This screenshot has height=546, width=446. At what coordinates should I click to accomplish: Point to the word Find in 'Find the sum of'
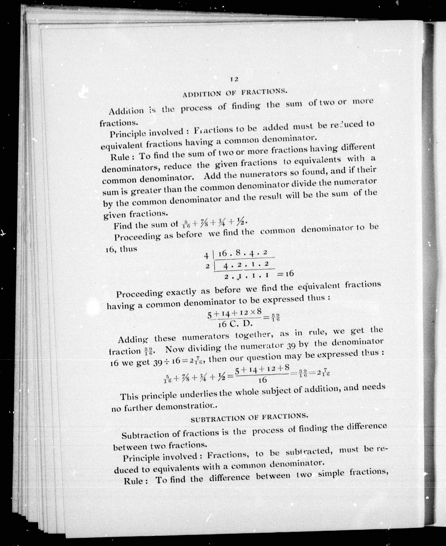(123, 226)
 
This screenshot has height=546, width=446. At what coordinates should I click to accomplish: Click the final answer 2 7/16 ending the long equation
(323, 374)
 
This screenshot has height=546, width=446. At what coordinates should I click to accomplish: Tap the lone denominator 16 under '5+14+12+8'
(263, 380)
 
